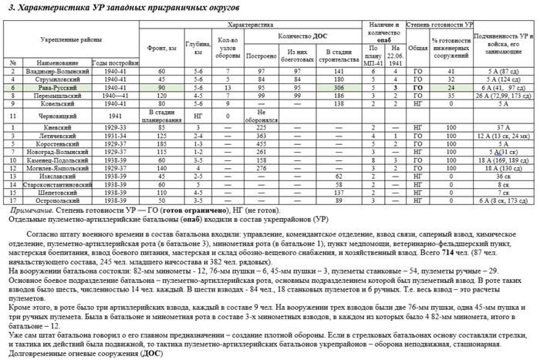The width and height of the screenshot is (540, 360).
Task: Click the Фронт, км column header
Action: click(x=162, y=49)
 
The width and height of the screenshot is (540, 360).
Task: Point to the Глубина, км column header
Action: click(x=198, y=49)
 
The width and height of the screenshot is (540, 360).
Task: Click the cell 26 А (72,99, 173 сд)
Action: click(x=502, y=96)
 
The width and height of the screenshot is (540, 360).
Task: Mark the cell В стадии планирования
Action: click(x=162, y=116)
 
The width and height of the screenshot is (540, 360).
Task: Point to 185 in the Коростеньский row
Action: click(x=162, y=144)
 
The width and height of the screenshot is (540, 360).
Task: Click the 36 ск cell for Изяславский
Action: click(x=502, y=177)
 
